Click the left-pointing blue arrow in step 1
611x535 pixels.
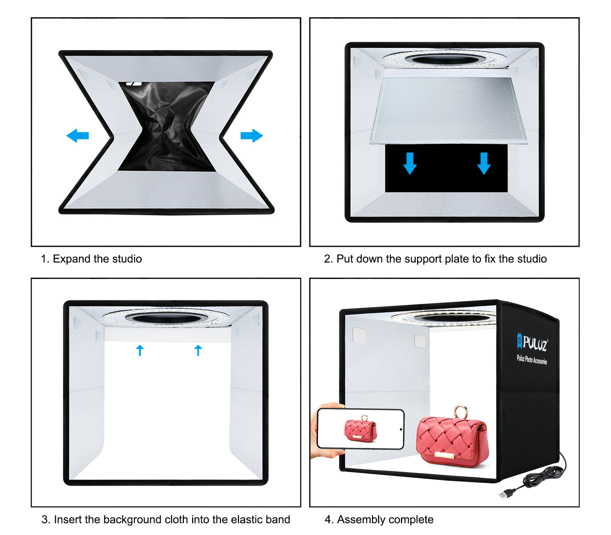click(78, 136)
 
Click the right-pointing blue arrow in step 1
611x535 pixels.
click(252, 136)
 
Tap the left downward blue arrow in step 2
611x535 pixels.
click(410, 164)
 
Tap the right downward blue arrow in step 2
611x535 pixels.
click(484, 164)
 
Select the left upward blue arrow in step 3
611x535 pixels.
click(140, 350)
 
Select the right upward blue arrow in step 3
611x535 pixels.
click(198, 350)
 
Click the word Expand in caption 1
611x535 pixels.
click(72, 259)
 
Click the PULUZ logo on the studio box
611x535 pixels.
click(532, 342)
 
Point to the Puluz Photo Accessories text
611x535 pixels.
click(532, 360)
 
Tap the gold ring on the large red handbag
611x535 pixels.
click(461, 412)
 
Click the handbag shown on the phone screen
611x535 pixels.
click(360, 430)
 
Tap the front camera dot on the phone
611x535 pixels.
click(401, 430)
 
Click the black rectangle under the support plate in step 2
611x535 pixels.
click(446, 168)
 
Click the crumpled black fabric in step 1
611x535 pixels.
click(166, 126)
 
